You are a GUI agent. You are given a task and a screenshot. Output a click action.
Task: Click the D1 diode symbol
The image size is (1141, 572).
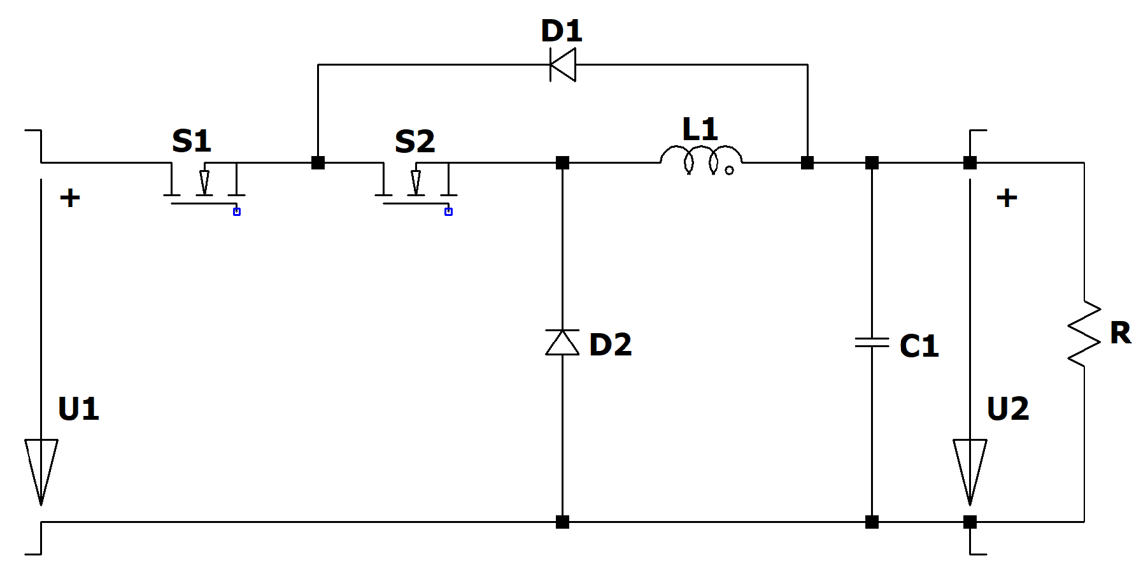[563, 64]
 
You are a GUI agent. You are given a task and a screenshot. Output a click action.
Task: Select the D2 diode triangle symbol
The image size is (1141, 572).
[562, 343]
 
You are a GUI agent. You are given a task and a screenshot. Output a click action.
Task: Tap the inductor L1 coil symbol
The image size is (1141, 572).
[701, 160]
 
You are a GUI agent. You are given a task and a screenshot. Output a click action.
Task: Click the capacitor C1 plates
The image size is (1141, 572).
[872, 343]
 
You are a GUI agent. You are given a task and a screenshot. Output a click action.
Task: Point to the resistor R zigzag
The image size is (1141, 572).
[1084, 334]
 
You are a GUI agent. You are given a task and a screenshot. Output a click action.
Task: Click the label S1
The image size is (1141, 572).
[191, 141]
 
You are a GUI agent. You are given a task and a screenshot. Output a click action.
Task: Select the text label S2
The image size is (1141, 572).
[415, 141]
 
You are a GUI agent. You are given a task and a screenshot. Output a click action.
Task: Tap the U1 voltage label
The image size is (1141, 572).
[78, 409]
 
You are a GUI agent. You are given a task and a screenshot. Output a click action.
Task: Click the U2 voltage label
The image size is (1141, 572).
[1007, 409]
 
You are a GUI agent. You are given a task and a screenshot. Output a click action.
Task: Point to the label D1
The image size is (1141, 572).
[561, 31]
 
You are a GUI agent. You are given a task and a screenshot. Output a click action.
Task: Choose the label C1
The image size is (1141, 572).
[919, 346]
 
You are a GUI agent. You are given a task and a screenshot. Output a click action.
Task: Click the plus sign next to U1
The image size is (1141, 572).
[70, 198]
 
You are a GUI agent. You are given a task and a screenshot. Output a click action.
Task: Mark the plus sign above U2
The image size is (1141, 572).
[1007, 198]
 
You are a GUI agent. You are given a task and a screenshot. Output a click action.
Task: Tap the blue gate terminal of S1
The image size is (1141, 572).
[237, 211]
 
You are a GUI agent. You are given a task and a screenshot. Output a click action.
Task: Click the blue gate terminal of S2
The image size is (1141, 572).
[448, 211]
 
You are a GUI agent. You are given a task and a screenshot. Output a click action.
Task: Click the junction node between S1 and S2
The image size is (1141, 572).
[318, 162]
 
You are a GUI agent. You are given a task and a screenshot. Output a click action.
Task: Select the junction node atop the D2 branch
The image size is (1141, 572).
[562, 162]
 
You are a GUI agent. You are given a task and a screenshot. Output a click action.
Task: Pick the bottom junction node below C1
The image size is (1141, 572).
[872, 522]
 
